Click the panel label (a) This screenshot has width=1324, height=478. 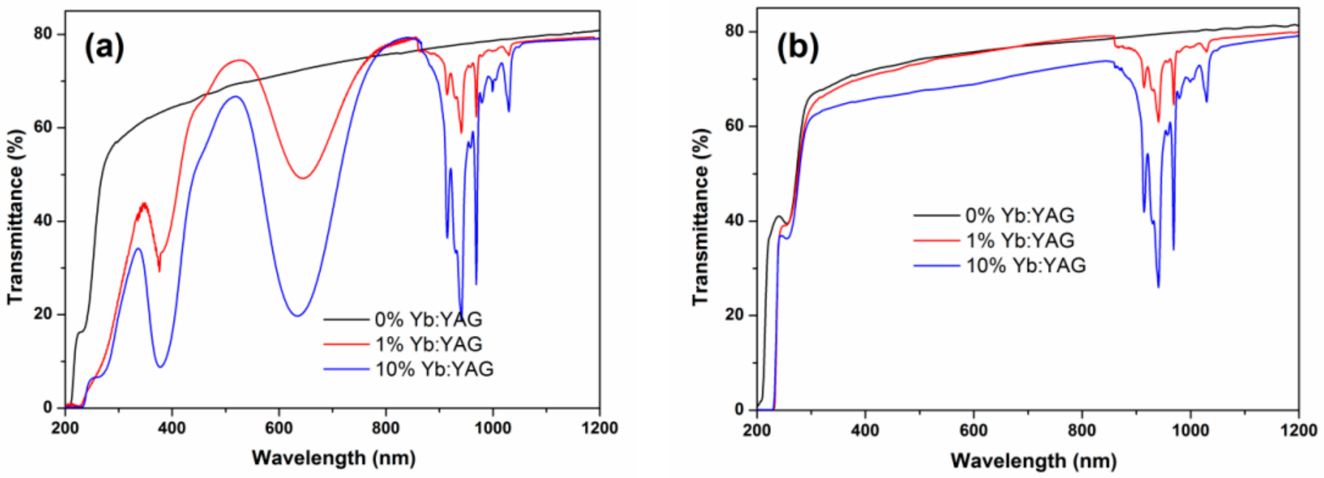pyautogui.click(x=105, y=48)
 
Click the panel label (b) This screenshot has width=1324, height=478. pyautogui.click(x=797, y=48)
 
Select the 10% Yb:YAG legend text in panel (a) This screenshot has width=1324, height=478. pyautogui.click(x=434, y=369)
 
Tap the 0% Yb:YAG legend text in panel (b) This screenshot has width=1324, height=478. pyautogui.click(x=1019, y=215)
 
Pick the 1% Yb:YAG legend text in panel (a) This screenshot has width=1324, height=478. pyautogui.click(x=428, y=344)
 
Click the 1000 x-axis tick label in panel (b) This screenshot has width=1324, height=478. pyautogui.click(x=1190, y=430)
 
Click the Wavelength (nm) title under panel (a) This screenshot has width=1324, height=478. pyautogui.click(x=333, y=457)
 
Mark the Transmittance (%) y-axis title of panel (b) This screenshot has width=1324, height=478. pyautogui.click(x=701, y=217)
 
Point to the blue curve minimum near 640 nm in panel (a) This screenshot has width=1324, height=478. pyautogui.click(x=297, y=316)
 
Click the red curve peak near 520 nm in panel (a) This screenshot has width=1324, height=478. pyautogui.click(x=239, y=60)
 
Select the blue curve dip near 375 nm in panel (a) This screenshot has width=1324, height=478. pyautogui.click(x=160, y=366)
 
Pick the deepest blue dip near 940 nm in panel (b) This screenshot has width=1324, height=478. pyautogui.click(x=1159, y=287)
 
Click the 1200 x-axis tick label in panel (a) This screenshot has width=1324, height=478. pyautogui.click(x=599, y=428)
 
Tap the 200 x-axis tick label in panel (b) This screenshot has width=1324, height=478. pyautogui.click(x=757, y=430)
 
